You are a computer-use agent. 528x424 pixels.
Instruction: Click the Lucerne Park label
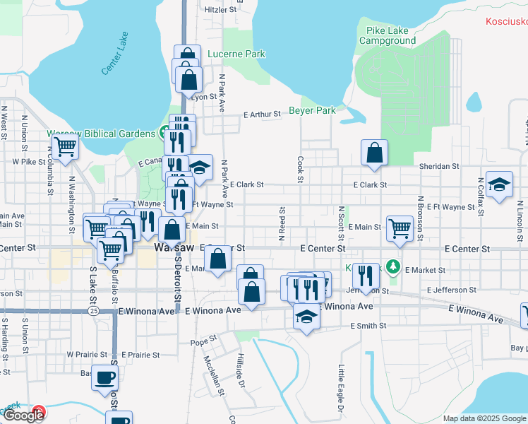pyautogui.click(x=236, y=54)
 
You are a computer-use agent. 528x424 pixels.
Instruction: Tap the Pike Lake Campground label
pyautogui.click(x=388, y=35)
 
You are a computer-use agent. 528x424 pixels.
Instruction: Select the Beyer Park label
pyautogui.click(x=312, y=111)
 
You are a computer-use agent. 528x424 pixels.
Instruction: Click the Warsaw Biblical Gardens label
pyautogui.click(x=100, y=134)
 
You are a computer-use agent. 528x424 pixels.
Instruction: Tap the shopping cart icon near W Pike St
pyautogui.click(x=65, y=148)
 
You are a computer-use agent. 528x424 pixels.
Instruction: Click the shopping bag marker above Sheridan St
pyautogui.click(x=374, y=152)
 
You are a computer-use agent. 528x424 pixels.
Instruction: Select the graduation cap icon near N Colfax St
pyautogui.click(x=499, y=185)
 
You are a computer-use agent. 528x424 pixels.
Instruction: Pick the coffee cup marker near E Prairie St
pyautogui.click(x=105, y=377)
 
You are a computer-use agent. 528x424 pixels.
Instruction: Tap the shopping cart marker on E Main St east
pyautogui.click(x=400, y=228)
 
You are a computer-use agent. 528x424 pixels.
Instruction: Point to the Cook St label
pyautogui.click(x=300, y=170)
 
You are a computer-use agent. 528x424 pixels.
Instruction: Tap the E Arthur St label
pyautogui.click(x=262, y=114)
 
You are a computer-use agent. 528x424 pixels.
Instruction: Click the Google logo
pyautogui.click(x=23, y=416)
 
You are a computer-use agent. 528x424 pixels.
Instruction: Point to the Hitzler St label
pyautogui.click(x=219, y=11)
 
